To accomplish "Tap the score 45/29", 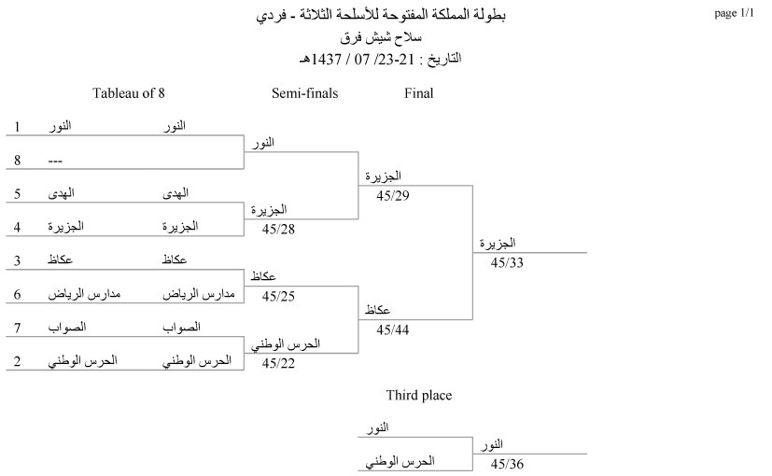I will click(x=392, y=195).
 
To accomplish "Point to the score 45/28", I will click(x=278, y=229).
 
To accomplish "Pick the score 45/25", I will click(x=278, y=296).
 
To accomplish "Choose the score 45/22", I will click(x=278, y=363).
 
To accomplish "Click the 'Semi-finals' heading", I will click(x=304, y=93).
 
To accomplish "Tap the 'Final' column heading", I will click(x=418, y=93).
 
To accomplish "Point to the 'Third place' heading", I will click(x=418, y=396).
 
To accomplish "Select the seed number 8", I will click(x=17, y=160).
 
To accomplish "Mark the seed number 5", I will click(x=17, y=193).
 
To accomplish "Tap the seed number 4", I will click(x=17, y=227).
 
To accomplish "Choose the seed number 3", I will click(x=17, y=260).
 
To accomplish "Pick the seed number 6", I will click(x=17, y=294).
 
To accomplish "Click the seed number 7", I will click(x=17, y=328).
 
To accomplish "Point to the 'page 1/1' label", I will click(x=733, y=14).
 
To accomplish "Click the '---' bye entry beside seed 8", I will click(x=56, y=161).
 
